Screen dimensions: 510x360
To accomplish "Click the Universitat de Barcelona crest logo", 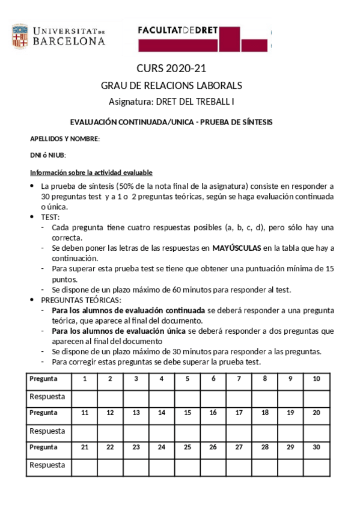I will coord(19,35).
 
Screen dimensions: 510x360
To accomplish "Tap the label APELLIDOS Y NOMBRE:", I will coord(65,139).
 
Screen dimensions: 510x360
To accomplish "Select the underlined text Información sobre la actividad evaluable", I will coord(91,172).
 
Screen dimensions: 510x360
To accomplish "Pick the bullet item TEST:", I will coord(50,217).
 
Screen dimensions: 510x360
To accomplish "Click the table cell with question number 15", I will coord(187,413).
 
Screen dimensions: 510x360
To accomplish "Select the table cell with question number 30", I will coord(316,447).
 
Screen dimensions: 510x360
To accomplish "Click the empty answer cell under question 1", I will coord(84,396).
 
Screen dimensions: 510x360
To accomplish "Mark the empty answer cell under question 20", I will coord(316,431).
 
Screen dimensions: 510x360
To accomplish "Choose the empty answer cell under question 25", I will coord(187,465).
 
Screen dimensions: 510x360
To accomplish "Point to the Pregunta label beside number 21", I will coord(43,447).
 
